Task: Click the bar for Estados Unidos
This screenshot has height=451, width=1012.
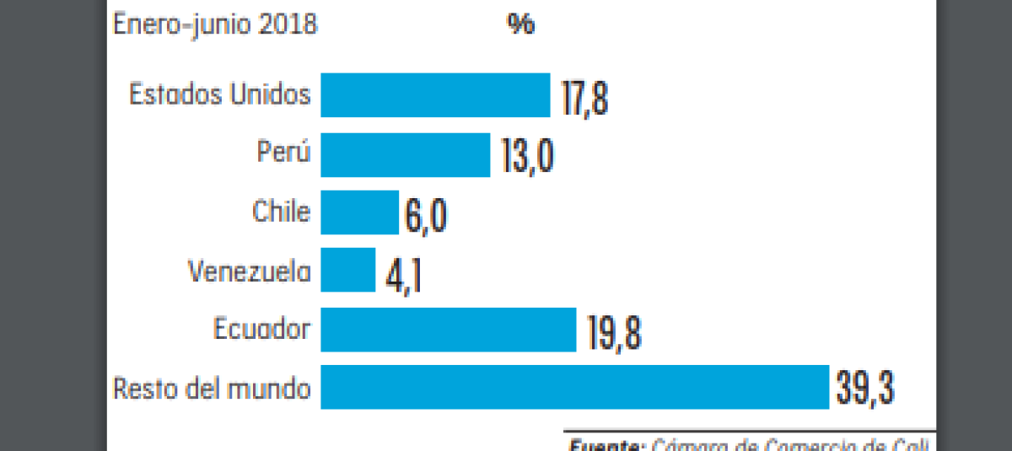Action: point(435,95)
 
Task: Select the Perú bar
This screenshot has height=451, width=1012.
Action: point(405,154)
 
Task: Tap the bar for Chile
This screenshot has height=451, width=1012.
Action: point(359,212)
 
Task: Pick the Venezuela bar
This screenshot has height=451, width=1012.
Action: point(347,270)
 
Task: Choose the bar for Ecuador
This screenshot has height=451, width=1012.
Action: point(448,329)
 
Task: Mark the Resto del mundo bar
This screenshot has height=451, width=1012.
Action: point(574,387)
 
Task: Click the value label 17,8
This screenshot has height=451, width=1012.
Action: point(584,97)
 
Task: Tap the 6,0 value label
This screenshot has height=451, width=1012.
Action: point(425,215)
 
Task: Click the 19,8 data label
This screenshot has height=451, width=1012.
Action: point(613,331)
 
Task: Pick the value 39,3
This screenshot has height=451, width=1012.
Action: point(864,389)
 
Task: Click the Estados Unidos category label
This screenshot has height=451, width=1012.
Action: point(219,94)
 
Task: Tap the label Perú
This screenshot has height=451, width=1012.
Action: point(283,153)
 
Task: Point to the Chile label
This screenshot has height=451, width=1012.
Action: point(281,211)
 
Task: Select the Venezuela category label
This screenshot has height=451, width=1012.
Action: point(250,271)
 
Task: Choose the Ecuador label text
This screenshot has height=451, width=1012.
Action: point(261,329)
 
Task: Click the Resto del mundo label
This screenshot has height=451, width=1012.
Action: point(212,389)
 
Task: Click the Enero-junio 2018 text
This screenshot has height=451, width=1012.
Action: point(215,24)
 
